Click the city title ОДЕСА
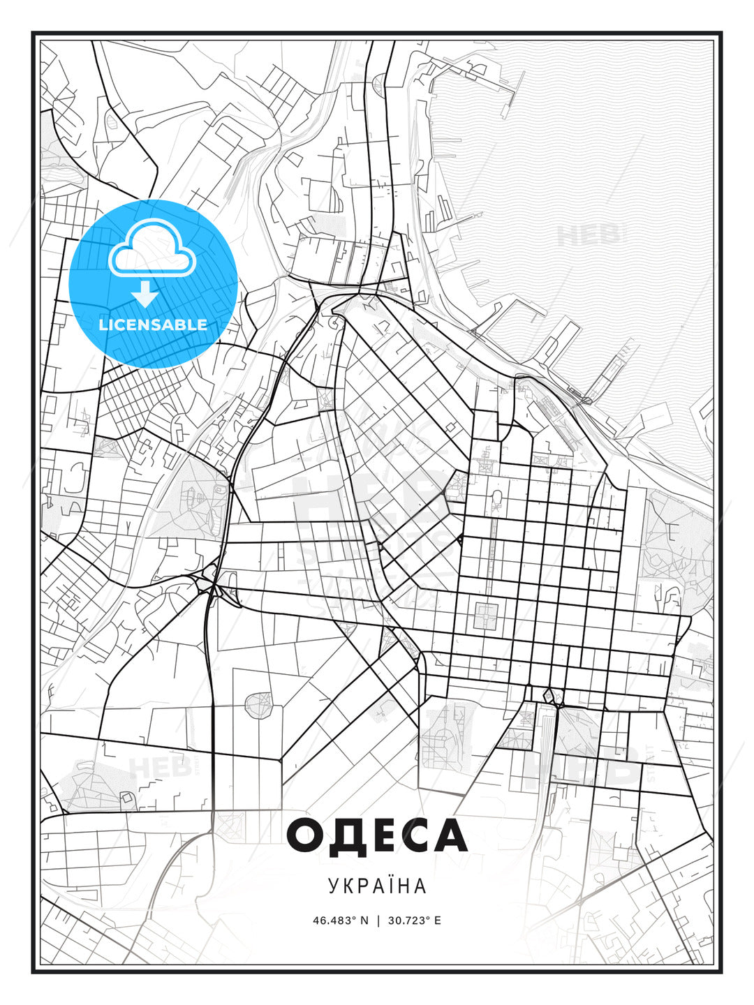pyautogui.click(x=377, y=835)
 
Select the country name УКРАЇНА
pyautogui.click(x=377, y=886)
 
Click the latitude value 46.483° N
pyautogui.click(x=340, y=921)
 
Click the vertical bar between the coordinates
pyautogui.click(x=378, y=921)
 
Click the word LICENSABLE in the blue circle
pyautogui.click(x=153, y=325)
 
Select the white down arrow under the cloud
pyautogui.click(x=145, y=294)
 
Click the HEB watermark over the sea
pyautogui.click(x=590, y=234)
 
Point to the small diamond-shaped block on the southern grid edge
pyautogui.click(x=549, y=695)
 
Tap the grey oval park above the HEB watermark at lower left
pyautogui.click(x=258, y=704)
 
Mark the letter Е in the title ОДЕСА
pyautogui.click(x=378, y=835)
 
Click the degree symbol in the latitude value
pyautogui.click(x=353, y=918)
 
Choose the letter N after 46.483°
pyautogui.click(x=363, y=921)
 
